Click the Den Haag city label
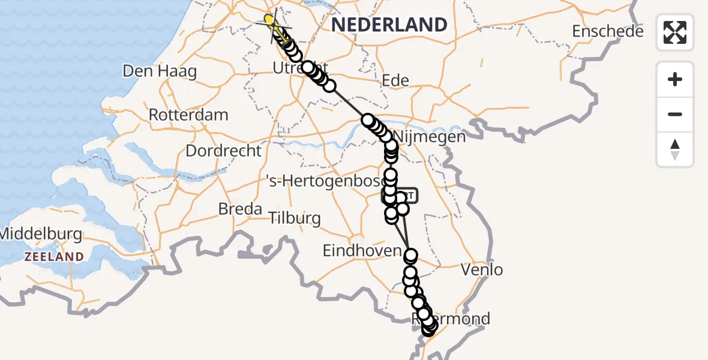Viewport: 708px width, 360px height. pyautogui.click(x=160, y=71)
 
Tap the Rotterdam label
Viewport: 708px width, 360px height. pyautogui.click(x=188, y=115)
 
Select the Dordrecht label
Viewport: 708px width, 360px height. pyautogui.click(x=223, y=150)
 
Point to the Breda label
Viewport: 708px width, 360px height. pyautogui.click(x=240, y=209)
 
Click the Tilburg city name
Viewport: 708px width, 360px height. pyautogui.click(x=294, y=218)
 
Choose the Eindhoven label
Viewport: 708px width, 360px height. pyautogui.click(x=361, y=251)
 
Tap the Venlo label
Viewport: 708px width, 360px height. pyautogui.click(x=482, y=270)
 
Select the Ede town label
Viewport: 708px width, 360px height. pyautogui.click(x=395, y=80)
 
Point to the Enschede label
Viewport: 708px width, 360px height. pyautogui.click(x=607, y=31)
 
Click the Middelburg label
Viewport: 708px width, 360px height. pyautogui.click(x=41, y=233)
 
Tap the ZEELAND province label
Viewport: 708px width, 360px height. pyautogui.click(x=53, y=257)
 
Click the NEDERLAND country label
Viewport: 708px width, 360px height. pyautogui.click(x=389, y=25)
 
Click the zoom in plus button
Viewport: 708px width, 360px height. pyautogui.click(x=675, y=79)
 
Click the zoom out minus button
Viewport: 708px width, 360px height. pyautogui.click(x=675, y=114)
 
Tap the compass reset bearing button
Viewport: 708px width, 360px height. pyautogui.click(x=675, y=149)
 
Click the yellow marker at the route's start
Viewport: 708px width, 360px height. pyautogui.click(x=269, y=20)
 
